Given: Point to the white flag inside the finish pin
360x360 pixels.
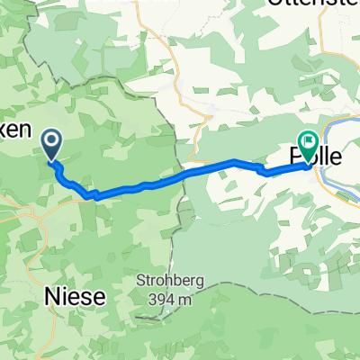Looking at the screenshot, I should tap(309, 139).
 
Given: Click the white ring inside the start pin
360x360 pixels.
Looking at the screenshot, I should tap(51, 139).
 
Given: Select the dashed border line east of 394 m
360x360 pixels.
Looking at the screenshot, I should tap(270, 297).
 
